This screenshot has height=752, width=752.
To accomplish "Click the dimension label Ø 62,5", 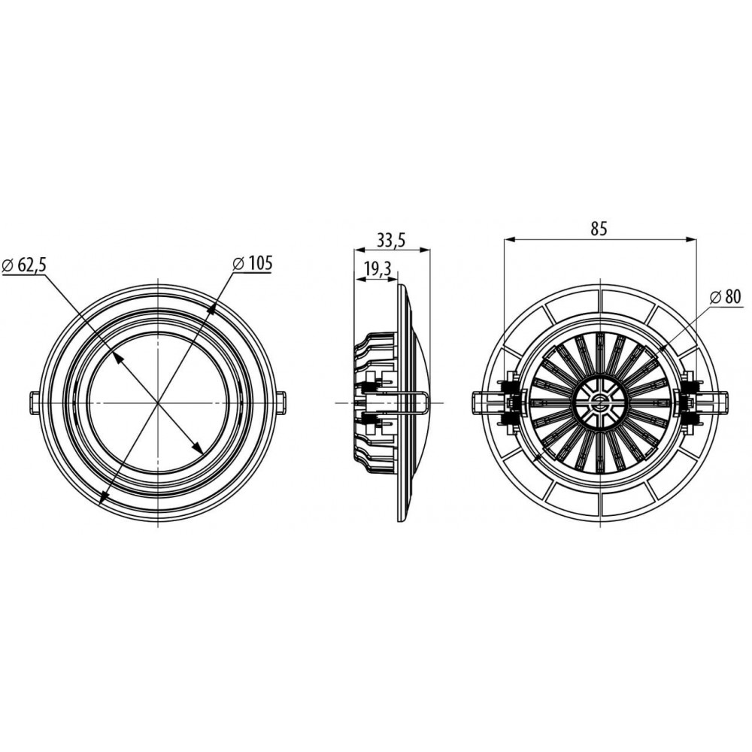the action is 24,264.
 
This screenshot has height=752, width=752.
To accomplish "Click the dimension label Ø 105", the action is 252,262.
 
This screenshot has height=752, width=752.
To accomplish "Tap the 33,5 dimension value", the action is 391,239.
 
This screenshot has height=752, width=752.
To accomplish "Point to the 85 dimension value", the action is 599,229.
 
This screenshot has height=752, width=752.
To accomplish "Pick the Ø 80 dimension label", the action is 725,297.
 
